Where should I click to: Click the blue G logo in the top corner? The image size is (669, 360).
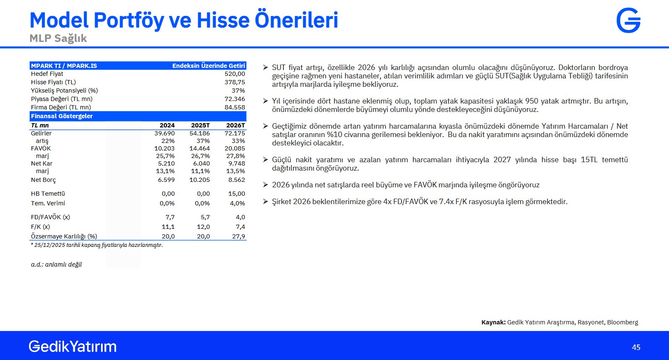click(x=628, y=20)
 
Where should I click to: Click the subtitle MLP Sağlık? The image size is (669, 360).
click(x=58, y=39)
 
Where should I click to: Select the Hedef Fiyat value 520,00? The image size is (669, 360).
click(x=235, y=74)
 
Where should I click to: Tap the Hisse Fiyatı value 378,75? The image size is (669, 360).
click(x=235, y=82)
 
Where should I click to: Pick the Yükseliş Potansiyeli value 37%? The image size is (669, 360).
click(x=239, y=91)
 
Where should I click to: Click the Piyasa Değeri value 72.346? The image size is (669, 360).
click(x=235, y=99)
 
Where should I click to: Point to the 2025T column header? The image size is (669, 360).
click(x=200, y=125)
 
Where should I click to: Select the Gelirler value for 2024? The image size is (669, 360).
click(x=165, y=133)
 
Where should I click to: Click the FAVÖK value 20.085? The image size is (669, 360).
click(x=235, y=148)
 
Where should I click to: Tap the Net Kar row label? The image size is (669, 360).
click(x=41, y=163)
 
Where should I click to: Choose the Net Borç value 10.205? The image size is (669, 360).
click(x=200, y=180)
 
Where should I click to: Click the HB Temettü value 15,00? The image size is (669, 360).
click(x=236, y=194)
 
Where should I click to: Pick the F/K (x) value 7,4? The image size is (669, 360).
click(x=241, y=227)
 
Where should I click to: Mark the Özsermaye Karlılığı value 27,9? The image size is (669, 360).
click(x=239, y=236)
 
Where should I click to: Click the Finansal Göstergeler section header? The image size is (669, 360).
click(x=62, y=116)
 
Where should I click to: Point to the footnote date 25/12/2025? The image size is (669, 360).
click(x=49, y=245)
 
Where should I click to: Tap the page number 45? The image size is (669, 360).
click(x=636, y=347)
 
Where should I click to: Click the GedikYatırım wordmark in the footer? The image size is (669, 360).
click(x=73, y=346)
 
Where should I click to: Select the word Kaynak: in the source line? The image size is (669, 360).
click(x=493, y=322)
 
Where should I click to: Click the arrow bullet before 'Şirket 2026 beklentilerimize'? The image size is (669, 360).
click(x=265, y=202)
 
